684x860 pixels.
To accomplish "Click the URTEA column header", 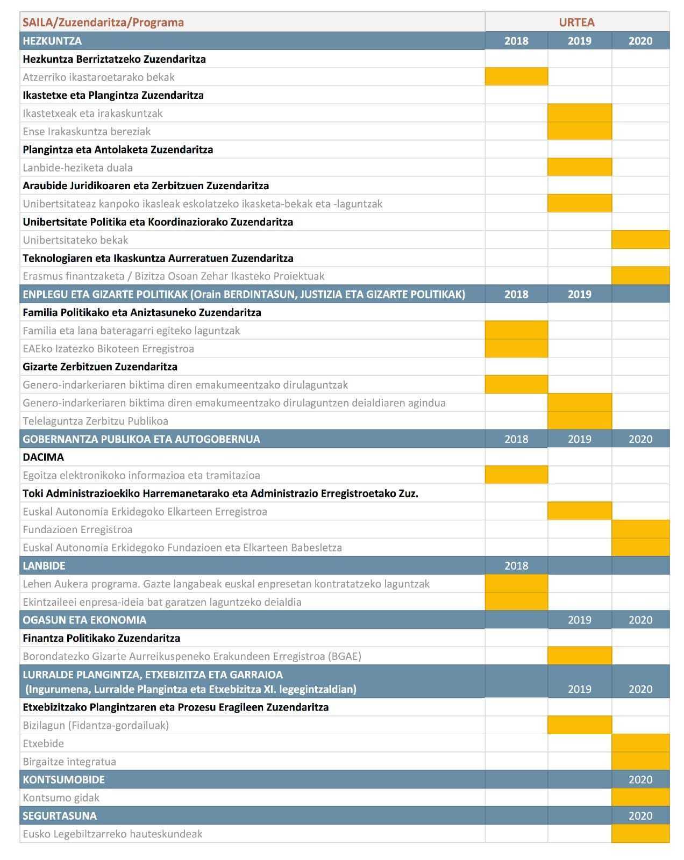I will pos(576,22).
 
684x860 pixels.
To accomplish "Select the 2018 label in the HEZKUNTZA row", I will pos(516,41).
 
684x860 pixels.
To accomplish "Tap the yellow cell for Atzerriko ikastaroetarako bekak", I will pos(516,77).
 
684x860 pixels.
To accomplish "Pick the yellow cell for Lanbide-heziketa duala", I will pos(579,167).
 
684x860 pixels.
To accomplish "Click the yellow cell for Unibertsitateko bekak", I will pos(640,240).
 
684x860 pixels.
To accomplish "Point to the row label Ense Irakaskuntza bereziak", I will pos(87,131).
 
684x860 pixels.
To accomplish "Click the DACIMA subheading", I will pos(43,457).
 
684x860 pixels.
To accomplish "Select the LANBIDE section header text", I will pos(44,565).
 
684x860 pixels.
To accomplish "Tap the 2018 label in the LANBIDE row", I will pos(516,565).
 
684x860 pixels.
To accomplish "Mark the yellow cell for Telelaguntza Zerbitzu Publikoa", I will pos(579,421).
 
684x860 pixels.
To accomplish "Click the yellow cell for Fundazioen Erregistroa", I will pos(640,529).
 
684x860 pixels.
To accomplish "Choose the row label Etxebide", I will pos(44,743).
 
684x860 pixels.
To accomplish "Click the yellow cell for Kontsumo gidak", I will pos(640,798).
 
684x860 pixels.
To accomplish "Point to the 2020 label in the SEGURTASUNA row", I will pos(640,815).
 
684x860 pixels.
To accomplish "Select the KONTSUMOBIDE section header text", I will pos(63,779).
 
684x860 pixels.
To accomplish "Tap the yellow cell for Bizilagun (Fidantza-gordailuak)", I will pos(579,725).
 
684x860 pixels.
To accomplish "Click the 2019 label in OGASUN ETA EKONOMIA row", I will pos(579,620).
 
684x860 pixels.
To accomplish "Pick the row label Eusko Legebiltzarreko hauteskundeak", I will pos(112,834).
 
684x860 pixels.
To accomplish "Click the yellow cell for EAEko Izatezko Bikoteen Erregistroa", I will pos(516,348).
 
